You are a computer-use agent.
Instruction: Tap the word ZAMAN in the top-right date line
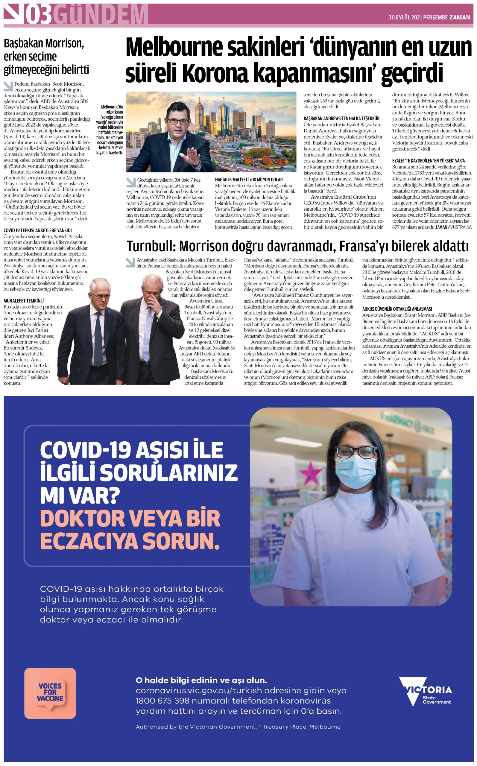(459, 17)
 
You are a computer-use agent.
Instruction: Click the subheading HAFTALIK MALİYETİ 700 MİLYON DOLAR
(249, 180)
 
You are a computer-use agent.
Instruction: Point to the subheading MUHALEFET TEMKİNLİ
(24, 300)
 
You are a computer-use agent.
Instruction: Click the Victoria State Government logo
(425, 696)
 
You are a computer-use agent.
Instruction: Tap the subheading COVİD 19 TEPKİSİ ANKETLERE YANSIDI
(37, 230)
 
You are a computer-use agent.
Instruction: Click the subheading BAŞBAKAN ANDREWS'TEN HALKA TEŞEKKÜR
(341, 118)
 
